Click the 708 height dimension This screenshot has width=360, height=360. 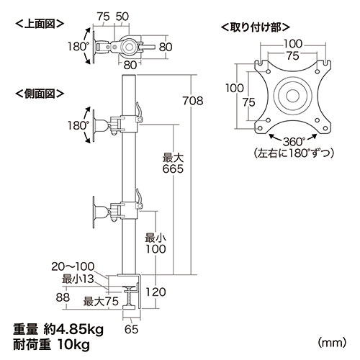[x=193, y=101]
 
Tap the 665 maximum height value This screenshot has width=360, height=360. [x=173, y=169]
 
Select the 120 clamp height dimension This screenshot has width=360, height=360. [x=156, y=292]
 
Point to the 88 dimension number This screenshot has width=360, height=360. [x=63, y=297]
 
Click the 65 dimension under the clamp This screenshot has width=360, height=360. [x=132, y=329]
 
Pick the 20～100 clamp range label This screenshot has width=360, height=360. [x=73, y=266]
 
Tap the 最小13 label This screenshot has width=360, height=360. [x=78, y=279]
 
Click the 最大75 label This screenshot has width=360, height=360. [x=101, y=302]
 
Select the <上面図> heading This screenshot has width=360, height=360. [x=40, y=24]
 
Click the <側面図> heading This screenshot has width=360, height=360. [x=40, y=94]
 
